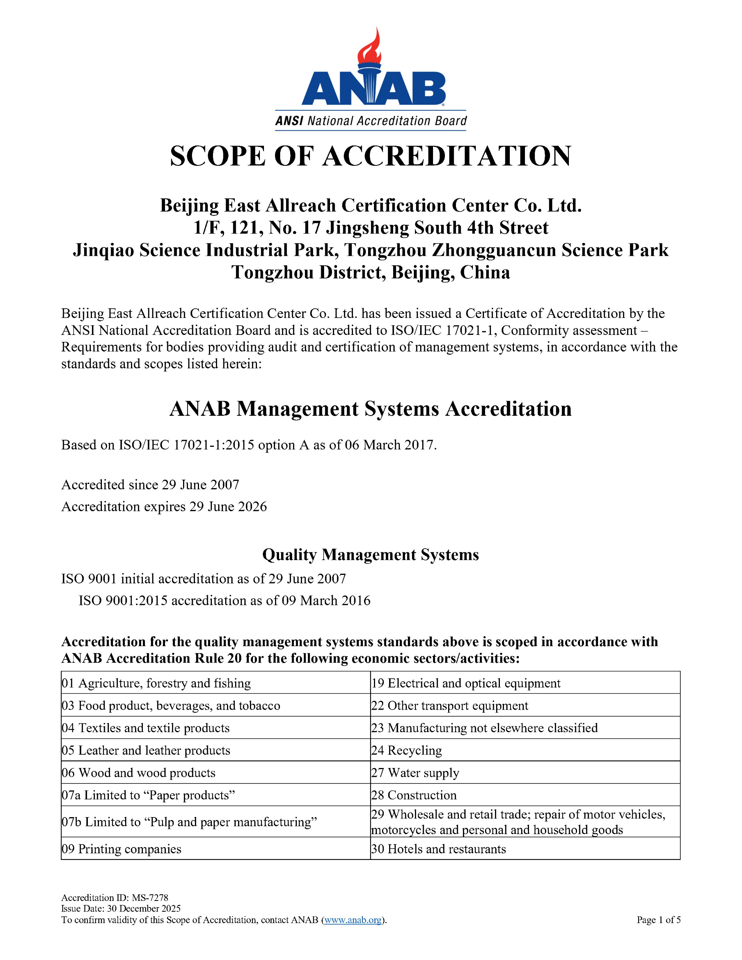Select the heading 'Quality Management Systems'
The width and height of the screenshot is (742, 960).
(371, 555)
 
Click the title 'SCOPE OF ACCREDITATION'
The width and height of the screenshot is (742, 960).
(371, 156)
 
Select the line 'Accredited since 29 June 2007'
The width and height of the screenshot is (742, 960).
(150, 485)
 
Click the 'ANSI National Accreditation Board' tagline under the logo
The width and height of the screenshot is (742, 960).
(371, 121)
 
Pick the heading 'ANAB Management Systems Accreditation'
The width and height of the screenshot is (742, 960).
(371, 409)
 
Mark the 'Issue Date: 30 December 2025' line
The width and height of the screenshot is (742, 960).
(121, 909)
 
